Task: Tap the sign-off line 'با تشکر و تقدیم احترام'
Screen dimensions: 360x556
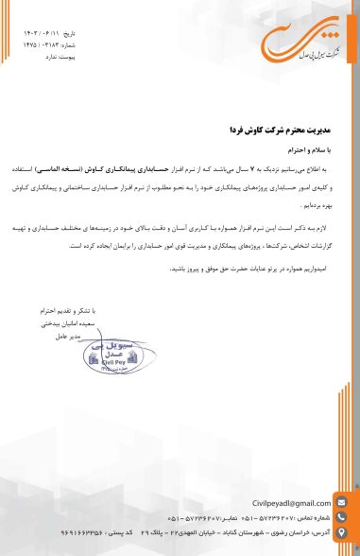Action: [x=83, y=310]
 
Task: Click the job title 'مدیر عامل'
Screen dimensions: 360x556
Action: [x=95, y=337]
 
